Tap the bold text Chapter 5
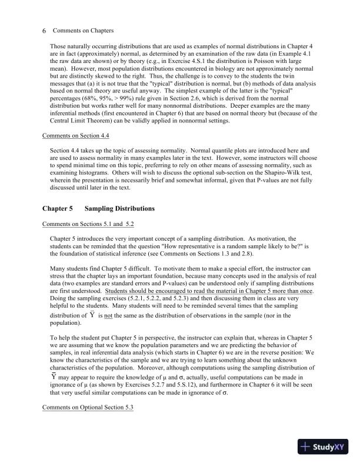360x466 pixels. pos(58,208)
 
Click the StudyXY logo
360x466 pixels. pos(324,447)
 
